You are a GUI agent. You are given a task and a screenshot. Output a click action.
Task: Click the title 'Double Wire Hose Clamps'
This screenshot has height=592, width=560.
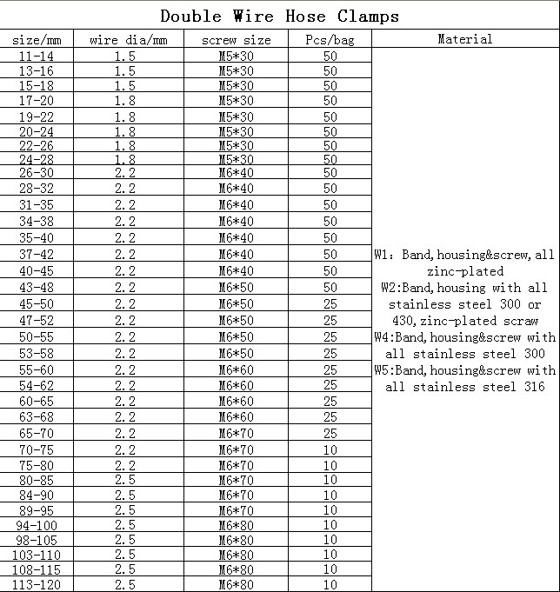[280, 16]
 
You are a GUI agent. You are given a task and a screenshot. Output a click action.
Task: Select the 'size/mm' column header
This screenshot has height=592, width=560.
[37, 40]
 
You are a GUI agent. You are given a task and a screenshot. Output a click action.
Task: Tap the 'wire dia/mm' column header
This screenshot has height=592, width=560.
[128, 40]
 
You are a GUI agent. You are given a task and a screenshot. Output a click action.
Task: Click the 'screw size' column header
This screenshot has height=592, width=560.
[236, 40]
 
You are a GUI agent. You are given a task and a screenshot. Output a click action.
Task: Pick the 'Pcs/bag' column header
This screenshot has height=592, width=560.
[330, 40]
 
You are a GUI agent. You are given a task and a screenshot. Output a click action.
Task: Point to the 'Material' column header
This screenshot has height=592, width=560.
[464, 39]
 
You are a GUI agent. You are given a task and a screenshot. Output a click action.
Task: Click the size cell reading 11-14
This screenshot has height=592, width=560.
[37, 55]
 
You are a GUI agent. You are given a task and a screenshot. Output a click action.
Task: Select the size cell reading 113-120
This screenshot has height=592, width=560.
[37, 585]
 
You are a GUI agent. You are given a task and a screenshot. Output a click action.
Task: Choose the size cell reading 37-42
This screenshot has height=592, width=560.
[37, 255]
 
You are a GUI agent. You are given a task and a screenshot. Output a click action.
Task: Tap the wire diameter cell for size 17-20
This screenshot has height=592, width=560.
[125, 101]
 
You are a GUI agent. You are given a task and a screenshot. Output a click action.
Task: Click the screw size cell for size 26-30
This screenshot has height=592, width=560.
[236, 173]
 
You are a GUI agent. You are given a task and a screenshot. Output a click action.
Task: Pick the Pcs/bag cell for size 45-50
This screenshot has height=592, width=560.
[330, 304]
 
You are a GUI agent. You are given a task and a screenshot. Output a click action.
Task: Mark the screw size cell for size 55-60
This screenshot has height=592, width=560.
[236, 369]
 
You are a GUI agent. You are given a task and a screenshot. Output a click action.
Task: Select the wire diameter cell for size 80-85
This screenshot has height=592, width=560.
[125, 479]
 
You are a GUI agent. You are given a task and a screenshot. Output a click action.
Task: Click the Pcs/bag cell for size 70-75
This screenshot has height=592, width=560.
[330, 449]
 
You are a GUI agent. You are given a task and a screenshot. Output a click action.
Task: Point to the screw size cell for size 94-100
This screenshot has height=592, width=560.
[236, 524]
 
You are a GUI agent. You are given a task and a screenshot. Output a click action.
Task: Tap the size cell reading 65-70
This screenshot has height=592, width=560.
[37, 434]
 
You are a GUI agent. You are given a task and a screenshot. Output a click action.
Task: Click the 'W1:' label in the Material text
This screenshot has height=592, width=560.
[384, 255]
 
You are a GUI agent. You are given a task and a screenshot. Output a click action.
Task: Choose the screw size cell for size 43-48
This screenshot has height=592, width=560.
[236, 288]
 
